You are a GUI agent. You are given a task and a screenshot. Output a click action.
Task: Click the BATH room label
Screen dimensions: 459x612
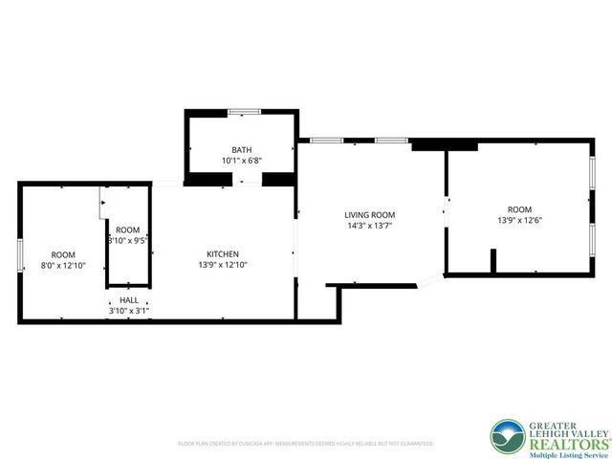pos(241,150)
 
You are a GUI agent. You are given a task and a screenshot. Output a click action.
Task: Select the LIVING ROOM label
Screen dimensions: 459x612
pos(369,215)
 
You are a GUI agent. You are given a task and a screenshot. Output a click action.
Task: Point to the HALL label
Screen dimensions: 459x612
pos(128,300)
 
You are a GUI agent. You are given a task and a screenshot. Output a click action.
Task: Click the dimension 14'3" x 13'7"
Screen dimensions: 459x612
pos(369,227)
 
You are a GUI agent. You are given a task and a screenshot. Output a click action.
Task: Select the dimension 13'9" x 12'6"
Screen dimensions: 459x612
pos(519,220)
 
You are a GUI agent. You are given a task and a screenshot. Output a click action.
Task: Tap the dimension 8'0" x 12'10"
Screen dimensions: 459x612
pos(63,265)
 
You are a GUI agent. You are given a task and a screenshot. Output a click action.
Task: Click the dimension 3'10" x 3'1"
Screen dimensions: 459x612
pos(128,311)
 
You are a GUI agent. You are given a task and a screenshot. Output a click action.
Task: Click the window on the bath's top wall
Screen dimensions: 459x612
pos(243,112)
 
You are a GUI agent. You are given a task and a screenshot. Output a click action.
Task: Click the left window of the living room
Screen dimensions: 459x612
pos(327,142)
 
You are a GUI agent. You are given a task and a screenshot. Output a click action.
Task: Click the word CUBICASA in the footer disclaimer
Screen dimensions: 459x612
pos(251,444)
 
